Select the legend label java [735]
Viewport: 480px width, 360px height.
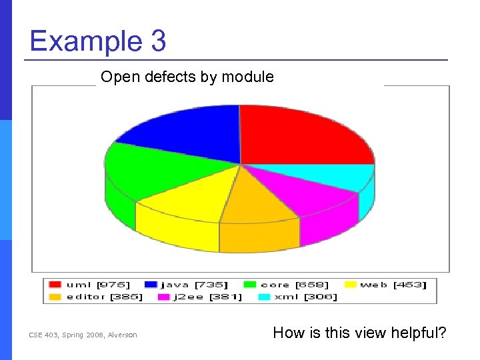[194, 285]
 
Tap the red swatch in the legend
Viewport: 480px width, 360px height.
[55, 285]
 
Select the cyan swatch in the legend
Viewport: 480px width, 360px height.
[264, 297]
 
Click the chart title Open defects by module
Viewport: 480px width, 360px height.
[187, 77]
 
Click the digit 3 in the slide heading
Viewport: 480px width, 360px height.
[158, 41]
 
